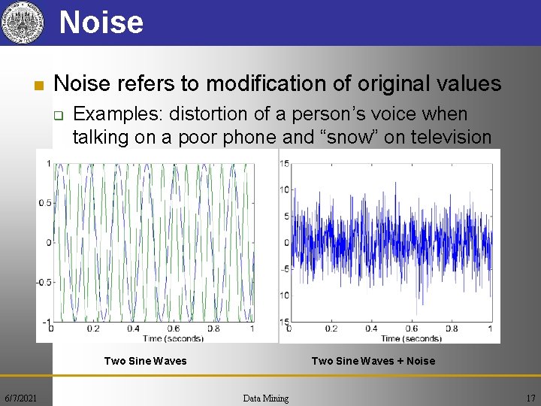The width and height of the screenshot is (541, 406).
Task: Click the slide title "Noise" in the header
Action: tap(101, 22)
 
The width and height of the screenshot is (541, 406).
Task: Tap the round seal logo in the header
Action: tap(21, 23)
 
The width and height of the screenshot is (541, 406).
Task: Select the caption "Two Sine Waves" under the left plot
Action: tap(145, 361)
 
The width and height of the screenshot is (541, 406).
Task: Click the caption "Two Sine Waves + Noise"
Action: tap(373, 361)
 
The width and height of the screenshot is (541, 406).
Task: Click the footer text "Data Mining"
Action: tap(265, 398)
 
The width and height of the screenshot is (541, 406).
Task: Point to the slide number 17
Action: tap(530, 397)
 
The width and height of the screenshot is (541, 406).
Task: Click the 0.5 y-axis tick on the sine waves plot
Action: tap(45, 203)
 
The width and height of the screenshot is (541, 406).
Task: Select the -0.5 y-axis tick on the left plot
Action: tap(44, 283)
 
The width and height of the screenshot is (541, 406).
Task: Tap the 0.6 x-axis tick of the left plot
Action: tap(173, 329)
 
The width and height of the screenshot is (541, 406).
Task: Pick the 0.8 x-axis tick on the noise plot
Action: tap(452, 329)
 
